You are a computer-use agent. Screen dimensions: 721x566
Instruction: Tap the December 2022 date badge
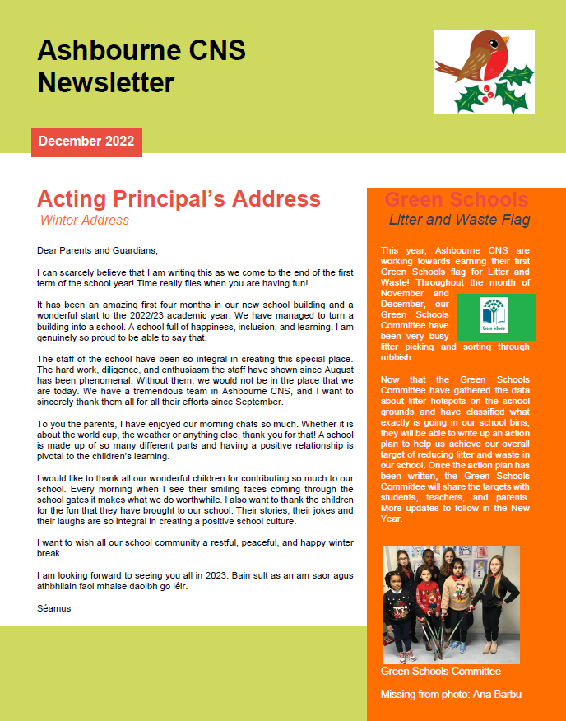(x=86, y=142)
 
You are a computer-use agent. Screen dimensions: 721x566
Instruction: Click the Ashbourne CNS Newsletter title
(x=141, y=67)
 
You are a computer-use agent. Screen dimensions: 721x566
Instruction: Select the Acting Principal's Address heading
(x=179, y=199)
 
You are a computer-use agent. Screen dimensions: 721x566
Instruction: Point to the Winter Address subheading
(x=85, y=220)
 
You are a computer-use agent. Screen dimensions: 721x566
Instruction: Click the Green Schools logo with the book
(x=495, y=317)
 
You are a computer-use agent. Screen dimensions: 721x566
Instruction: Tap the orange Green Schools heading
(x=457, y=200)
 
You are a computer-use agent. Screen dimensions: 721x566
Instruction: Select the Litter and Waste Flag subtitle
(x=459, y=220)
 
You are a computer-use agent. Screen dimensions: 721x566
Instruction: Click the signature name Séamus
(x=54, y=608)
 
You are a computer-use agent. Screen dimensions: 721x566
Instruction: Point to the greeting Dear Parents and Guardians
(x=97, y=249)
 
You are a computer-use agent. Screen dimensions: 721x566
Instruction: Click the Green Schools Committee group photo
(x=452, y=604)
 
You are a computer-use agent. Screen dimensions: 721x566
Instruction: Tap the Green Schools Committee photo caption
(x=440, y=672)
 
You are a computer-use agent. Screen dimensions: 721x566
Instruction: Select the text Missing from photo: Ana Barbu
(x=451, y=695)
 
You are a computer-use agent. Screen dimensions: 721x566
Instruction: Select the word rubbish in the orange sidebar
(x=397, y=357)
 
